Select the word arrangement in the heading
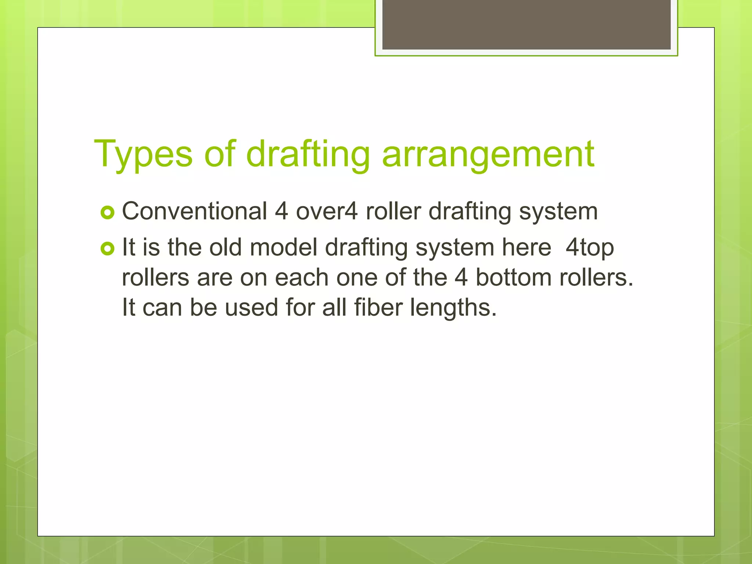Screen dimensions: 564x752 point(488,155)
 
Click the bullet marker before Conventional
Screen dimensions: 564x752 point(108,213)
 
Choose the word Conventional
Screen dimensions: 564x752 point(194,211)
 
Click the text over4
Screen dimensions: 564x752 point(326,211)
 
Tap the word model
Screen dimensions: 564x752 point(283,247)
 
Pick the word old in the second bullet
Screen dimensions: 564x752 point(225,247)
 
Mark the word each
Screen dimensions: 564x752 point(301,278)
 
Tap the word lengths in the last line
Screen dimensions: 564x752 point(453,308)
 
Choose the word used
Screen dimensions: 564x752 point(252,307)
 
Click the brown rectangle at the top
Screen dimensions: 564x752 point(526,25)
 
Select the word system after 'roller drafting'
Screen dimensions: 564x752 point(558,212)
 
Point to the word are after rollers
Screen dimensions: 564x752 point(214,278)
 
